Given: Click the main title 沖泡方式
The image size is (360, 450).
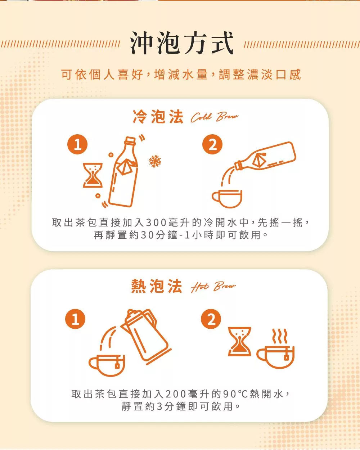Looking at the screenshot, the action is pos(181,43).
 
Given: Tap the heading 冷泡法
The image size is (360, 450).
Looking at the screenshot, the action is pos(158,117).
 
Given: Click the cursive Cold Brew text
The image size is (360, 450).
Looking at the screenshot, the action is pos(215,117).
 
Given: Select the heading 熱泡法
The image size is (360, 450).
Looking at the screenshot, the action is pos(157,286).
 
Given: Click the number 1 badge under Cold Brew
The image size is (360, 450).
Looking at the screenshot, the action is pos(77,144).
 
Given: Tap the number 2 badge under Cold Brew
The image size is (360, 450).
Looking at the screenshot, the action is pos(212,144).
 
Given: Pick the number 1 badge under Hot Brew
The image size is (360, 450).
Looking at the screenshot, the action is pos(75,319).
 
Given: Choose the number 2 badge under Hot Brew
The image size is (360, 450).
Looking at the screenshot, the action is pos(211,319).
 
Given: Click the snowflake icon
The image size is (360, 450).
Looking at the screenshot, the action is pos(155,161).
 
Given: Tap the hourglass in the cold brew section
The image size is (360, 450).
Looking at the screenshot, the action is pos(93,175).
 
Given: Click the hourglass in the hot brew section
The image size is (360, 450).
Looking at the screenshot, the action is pos(239,341).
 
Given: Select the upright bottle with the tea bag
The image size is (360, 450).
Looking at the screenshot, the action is pos(124,171).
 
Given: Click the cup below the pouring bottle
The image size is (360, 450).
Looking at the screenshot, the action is pos(227,199).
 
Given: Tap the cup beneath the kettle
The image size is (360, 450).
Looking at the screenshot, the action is pos(107,365).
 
